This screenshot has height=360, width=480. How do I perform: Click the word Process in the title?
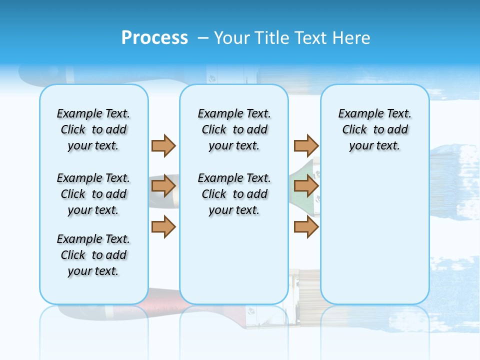tap(154, 37)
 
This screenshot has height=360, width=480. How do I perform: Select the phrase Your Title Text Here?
tap(292, 38)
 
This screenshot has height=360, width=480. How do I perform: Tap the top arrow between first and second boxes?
tap(163, 145)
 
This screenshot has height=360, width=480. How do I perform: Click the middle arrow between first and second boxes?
tap(163, 186)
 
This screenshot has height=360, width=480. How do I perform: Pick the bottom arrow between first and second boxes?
tap(163, 226)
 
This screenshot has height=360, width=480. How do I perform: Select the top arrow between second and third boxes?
tap(306, 145)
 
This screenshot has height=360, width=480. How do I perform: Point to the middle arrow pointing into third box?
tap(306, 186)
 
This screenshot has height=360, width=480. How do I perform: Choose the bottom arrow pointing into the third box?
tap(306, 226)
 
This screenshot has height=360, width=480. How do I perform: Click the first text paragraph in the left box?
tap(93, 129)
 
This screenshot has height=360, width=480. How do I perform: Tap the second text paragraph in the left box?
tap(93, 194)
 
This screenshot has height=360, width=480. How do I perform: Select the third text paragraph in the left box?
tap(93, 255)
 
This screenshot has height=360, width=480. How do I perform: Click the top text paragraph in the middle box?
tap(234, 129)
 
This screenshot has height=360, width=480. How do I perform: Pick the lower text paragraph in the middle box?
tap(234, 194)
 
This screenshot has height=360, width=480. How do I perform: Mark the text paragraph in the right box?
tap(374, 129)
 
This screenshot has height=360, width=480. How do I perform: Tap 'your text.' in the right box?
tap(374, 145)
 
